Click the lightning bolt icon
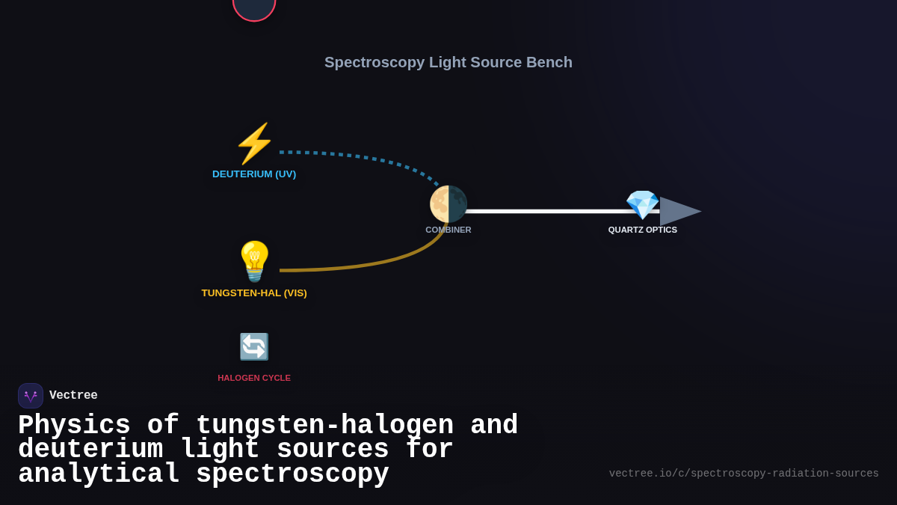[x=254, y=144]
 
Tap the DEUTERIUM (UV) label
[x=254, y=174]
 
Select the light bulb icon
[x=254, y=261]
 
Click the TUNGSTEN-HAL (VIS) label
[x=254, y=293]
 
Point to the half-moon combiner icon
[x=448, y=204]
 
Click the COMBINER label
[x=449, y=230]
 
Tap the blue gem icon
[x=642, y=204]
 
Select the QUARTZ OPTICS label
[x=643, y=230]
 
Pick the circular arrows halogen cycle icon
[x=254, y=347]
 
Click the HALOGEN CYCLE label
[x=254, y=378]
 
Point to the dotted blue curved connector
[x=359, y=156]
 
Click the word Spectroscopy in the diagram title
[x=374, y=62]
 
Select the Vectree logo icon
[x=31, y=396]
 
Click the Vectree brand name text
[x=73, y=396]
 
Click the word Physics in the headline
[x=74, y=426]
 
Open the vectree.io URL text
[x=744, y=474]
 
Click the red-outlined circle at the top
[x=254, y=7]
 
